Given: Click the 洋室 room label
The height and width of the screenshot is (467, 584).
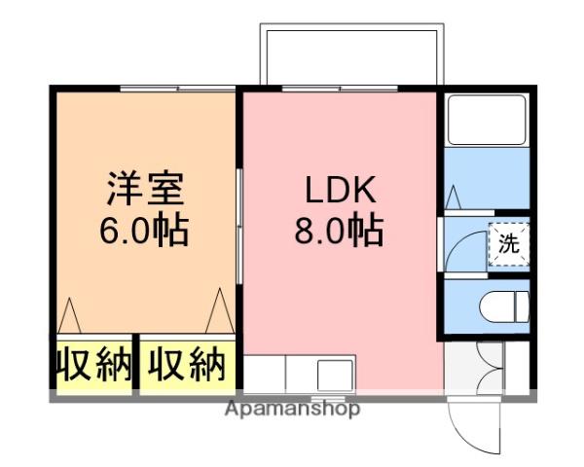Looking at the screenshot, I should (144, 187).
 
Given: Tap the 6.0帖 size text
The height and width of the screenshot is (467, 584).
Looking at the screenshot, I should (144, 233).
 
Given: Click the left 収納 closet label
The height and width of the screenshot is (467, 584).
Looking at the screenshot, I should (92, 364).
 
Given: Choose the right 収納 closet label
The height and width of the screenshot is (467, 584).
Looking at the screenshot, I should (187, 364).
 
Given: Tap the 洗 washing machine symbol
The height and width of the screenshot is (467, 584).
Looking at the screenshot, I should (509, 243).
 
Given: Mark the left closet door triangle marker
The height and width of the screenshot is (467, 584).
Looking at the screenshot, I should (69, 313).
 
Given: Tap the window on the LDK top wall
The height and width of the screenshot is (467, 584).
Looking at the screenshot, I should (340, 89).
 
